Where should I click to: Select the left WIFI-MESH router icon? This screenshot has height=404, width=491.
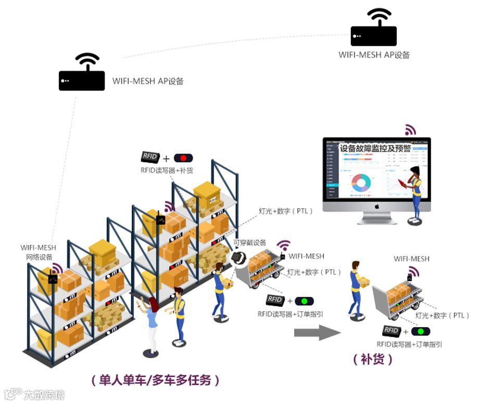(82, 72)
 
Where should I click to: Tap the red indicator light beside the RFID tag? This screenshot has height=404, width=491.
(183, 158)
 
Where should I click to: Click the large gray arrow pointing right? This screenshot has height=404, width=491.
(317, 333)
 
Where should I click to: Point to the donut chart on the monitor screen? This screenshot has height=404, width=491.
(361, 183)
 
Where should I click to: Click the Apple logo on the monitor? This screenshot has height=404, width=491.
(377, 206)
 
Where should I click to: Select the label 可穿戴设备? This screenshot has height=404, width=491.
(250, 243)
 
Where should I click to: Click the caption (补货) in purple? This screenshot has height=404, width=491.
(373, 359)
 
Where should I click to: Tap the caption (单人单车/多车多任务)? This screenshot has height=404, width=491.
(155, 380)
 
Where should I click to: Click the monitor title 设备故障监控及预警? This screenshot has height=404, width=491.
(375, 148)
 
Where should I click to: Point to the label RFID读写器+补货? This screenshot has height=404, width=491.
(167, 171)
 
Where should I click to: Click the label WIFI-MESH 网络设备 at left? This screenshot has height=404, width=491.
(39, 252)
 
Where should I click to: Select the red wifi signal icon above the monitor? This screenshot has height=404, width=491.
(410, 129)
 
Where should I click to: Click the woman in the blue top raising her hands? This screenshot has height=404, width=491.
(151, 322)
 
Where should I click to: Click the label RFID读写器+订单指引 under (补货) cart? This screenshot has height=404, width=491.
(409, 344)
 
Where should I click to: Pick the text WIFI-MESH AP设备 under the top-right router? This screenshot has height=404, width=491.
(374, 55)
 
